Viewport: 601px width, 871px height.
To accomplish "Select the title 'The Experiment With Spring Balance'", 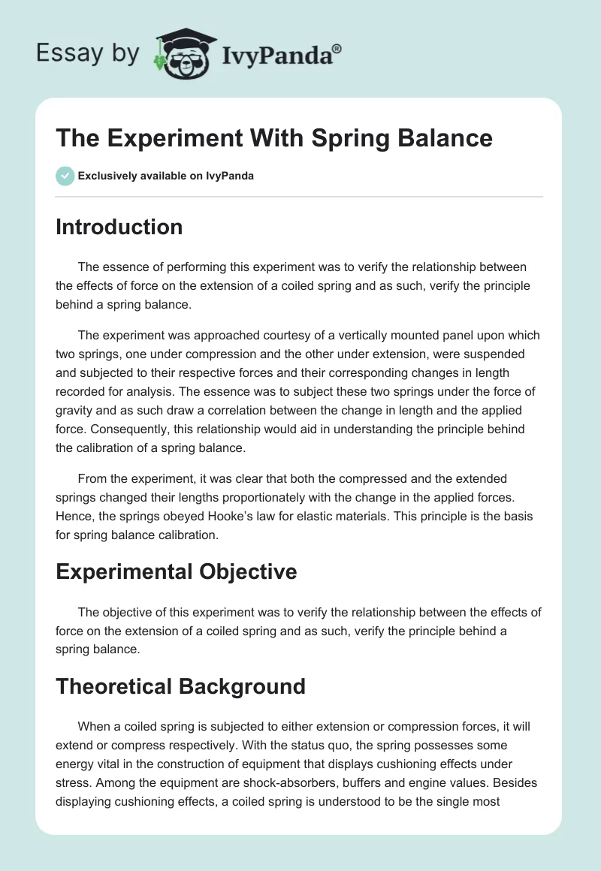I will coord(274,138).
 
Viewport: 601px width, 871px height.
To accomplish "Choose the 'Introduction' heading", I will coord(119,227).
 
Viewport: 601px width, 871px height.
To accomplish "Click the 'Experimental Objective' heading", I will coord(176,571).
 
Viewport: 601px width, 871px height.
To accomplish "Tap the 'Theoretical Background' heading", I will coord(180,686).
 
